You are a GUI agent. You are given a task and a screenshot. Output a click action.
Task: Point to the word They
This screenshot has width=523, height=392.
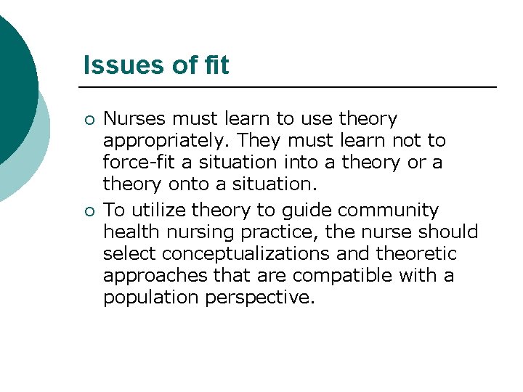point(260,139)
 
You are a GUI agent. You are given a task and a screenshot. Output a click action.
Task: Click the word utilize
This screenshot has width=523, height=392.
point(161,211)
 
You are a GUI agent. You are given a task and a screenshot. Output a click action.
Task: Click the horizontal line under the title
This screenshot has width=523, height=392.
point(291,88)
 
